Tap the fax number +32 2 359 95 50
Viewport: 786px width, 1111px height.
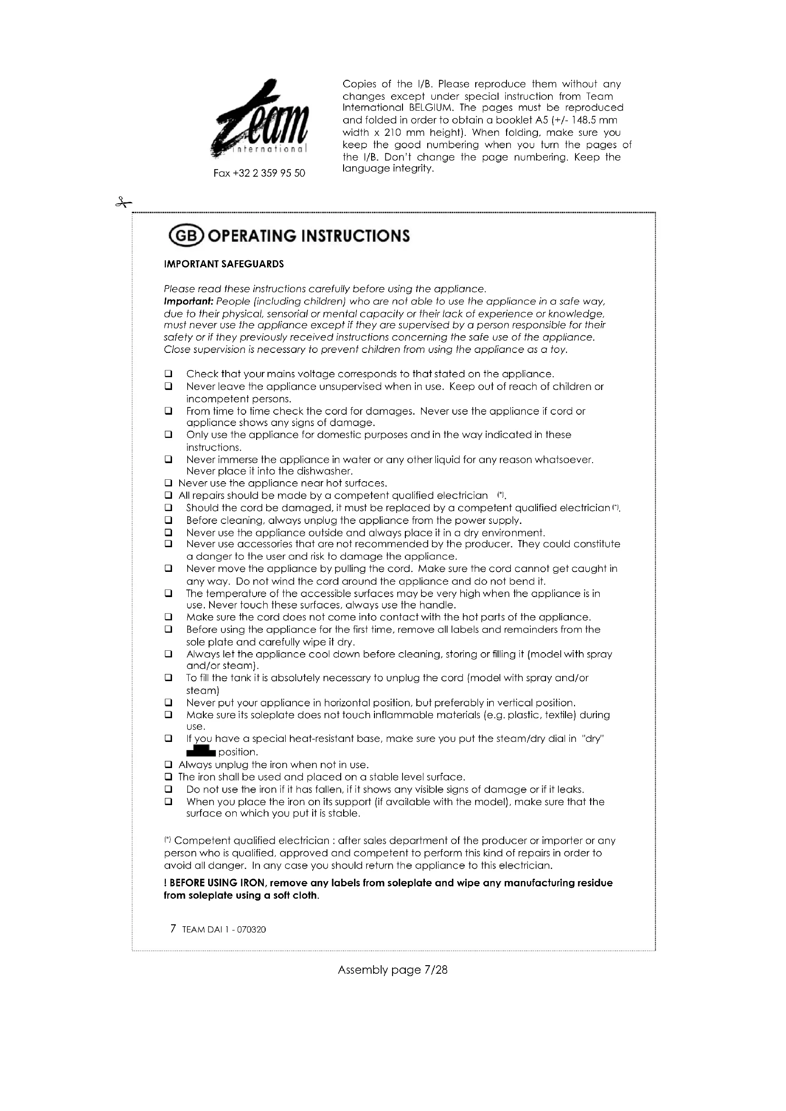tap(259, 173)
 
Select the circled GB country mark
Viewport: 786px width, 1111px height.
tap(186, 236)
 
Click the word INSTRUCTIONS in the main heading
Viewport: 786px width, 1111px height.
tap(355, 236)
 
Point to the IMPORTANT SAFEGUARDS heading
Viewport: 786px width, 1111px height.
tap(224, 264)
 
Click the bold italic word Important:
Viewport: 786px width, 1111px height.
tap(189, 302)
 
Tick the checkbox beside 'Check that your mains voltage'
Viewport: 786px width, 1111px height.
tap(168, 374)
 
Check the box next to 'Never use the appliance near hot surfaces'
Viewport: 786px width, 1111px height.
tap(168, 483)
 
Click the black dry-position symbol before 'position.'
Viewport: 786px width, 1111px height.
tap(201, 751)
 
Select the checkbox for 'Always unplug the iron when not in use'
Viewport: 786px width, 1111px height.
tap(168, 765)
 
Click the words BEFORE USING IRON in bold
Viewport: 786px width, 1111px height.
tap(217, 883)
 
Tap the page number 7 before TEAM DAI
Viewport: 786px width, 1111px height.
tap(173, 929)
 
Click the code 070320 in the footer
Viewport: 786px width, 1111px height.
tap(251, 930)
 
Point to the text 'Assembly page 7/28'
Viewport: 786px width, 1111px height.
tap(393, 970)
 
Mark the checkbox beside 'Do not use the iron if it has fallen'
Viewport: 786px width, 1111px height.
tap(168, 789)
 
